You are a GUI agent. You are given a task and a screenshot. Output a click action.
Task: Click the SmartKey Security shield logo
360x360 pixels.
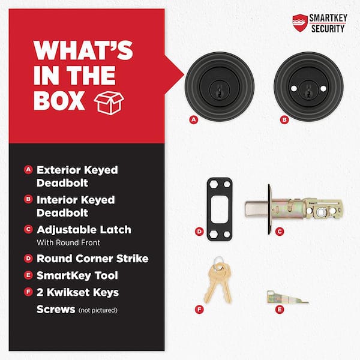point(300,23)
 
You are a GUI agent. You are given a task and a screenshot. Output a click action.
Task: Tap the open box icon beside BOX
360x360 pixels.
point(109,103)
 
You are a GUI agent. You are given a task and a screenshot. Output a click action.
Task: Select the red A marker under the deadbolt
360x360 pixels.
point(194,119)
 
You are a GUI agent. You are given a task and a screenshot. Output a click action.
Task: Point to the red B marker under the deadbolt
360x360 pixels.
point(284,119)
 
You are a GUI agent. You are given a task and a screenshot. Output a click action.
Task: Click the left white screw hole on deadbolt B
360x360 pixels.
point(294,89)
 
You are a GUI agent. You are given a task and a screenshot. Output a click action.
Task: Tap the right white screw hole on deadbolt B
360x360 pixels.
point(323,89)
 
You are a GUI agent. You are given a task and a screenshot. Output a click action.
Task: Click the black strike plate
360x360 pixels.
point(220,209)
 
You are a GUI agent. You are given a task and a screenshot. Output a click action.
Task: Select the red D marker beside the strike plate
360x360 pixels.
point(199,232)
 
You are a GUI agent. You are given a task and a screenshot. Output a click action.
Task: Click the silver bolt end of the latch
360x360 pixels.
point(256,209)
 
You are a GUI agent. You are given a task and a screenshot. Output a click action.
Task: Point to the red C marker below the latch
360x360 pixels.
point(280,232)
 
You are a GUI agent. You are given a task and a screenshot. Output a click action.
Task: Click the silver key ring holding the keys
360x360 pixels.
point(218,262)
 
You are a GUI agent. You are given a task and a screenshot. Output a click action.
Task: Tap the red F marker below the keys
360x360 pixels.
point(199,310)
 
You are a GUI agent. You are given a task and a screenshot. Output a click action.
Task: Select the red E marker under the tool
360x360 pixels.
point(280,310)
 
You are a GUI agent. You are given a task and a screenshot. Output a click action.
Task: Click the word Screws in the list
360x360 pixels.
point(56,309)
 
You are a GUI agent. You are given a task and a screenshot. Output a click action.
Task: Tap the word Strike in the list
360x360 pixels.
point(132,259)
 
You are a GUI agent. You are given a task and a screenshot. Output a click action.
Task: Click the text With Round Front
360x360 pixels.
point(68,242)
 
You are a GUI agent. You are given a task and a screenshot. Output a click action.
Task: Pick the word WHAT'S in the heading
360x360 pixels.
point(83,50)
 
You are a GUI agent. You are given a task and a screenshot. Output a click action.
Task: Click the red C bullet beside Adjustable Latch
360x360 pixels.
point(28,229)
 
